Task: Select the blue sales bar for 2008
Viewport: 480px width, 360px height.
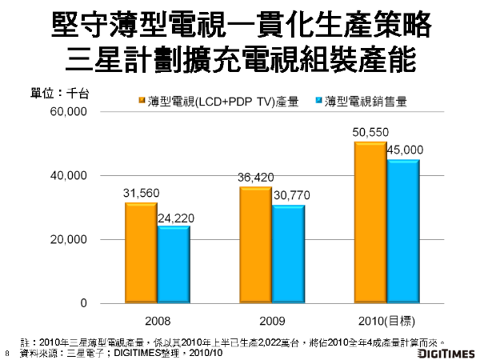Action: coord(173,265)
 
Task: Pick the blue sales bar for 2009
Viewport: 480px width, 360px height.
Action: coord(288,254)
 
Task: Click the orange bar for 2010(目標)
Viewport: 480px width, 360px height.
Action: coord(370,222)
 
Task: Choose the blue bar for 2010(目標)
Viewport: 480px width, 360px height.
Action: coord(402,231)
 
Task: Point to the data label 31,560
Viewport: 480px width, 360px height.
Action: coord(142,193)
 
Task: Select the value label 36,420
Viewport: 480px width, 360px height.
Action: coord(255,178)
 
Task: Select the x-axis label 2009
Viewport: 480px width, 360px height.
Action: coord(271,321)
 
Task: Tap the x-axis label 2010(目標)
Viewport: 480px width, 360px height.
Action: coord(386,321)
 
